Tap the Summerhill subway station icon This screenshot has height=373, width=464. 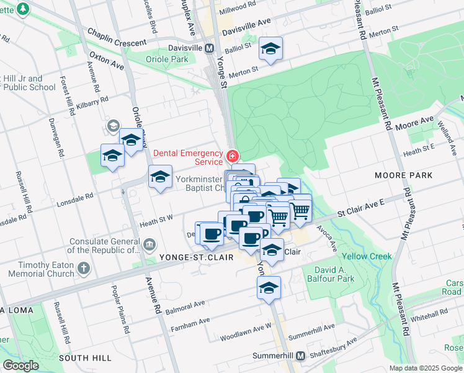[x=300, y=356]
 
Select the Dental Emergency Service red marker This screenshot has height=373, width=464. [x=232, y=155]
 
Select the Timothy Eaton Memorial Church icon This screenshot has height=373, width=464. [x=84, y=269]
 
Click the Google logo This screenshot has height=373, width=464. [x=20, y=366]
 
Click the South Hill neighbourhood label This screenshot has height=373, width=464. [x=85, y=358]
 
